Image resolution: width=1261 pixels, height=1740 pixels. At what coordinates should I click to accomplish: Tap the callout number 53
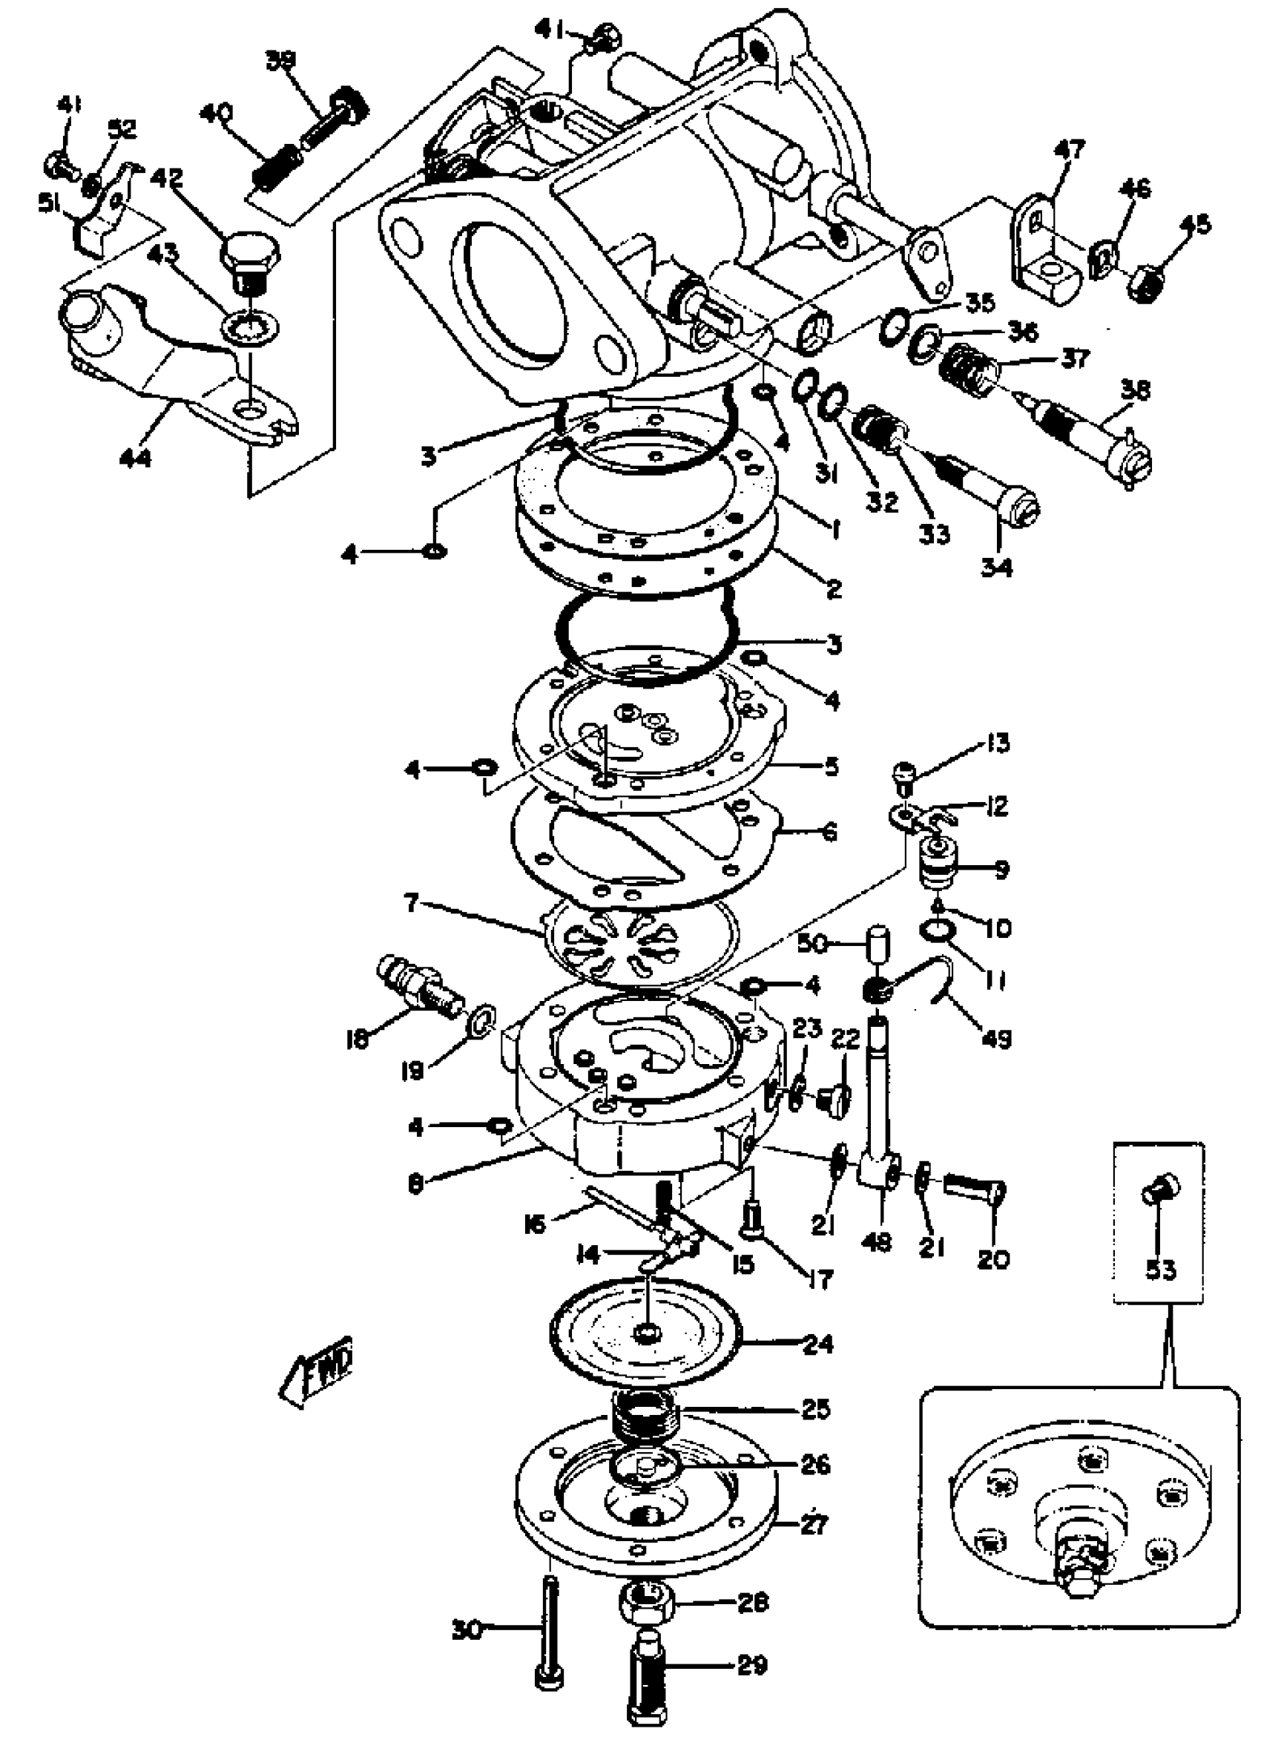(1160, 1270)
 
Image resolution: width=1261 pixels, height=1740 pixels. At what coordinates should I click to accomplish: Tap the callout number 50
(813, 945)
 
